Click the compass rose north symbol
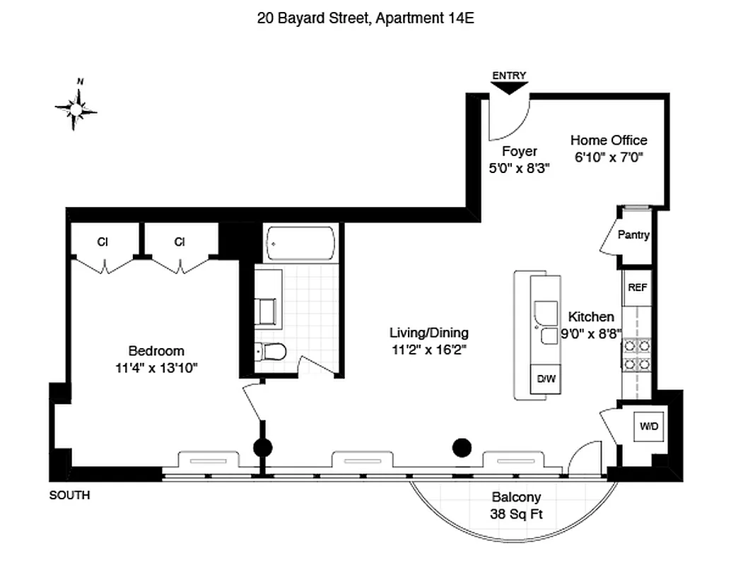76,107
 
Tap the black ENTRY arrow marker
509,88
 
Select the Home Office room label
608,141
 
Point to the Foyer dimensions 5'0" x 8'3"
519,168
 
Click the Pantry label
633,235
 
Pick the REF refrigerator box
637,288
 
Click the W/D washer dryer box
648,427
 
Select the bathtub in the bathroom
300,244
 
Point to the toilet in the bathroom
270,350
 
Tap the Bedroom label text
156,351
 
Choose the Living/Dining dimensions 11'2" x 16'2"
428,349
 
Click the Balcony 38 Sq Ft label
516,506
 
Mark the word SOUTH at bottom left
69,496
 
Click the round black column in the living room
462,446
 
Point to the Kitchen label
591,317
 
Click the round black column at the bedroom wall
262,447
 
